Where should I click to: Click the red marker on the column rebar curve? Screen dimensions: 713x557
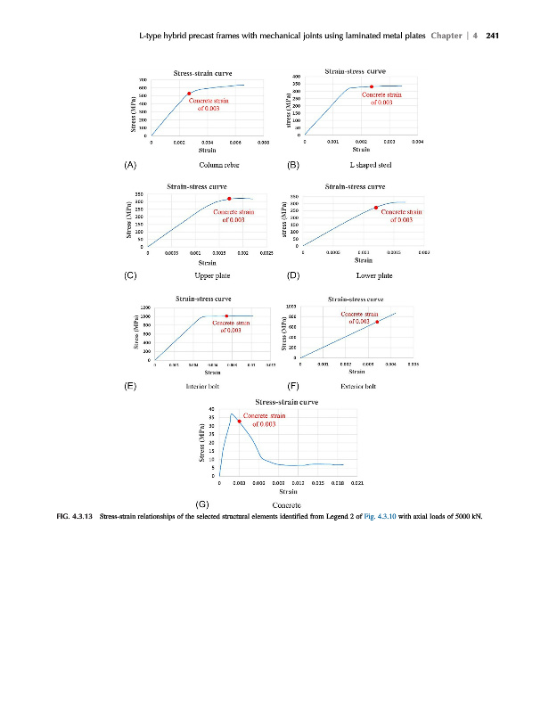click(189, 94)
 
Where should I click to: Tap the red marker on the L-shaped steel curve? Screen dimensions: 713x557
click(371, 86)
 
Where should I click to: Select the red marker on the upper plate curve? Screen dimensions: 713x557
click(229, 199)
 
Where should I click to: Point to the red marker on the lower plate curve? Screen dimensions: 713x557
click(376, 208)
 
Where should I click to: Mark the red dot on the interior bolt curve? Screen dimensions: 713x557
click(227, 316)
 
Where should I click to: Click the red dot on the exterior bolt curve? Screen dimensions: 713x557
click(377, 321)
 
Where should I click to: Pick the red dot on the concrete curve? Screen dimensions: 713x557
click(239, 421)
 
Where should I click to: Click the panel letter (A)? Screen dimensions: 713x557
click(130, 165)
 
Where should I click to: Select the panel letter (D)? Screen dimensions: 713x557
click(293, 275)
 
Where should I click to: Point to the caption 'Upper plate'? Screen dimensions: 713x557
click(212, 275)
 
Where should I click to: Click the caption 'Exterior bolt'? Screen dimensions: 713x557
click(360, 387)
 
